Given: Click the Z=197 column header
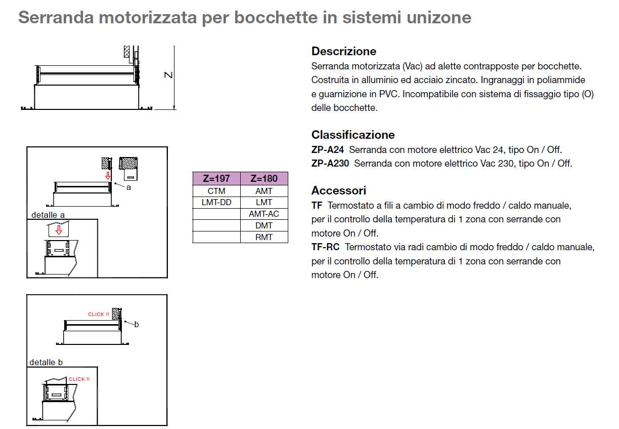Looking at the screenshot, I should tap(216, 179).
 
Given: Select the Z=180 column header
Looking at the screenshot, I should tap(264, 179).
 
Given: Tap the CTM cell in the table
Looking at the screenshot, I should tap(216, 191).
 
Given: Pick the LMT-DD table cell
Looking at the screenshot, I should tap(216, 202).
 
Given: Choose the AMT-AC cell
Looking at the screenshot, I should tap(264, 214).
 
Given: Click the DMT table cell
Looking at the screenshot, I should tap(264, 225).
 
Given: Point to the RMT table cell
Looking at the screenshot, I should tap(264, 237).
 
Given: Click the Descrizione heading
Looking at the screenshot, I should tap(344, 51).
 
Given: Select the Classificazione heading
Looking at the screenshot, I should tap(353, 135).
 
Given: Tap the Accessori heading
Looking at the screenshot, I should tap(338, 190).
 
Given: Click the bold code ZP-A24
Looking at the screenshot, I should tap(328, 150).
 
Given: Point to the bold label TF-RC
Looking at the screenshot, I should tap(325, 247).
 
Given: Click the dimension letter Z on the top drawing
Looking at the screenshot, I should tap(169, 75).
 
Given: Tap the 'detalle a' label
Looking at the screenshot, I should tap(48, 215).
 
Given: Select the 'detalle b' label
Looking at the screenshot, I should tap(46, 362).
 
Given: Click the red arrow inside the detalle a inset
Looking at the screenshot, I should tap(59, 230).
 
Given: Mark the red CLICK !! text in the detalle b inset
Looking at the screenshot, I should tap(79, 379).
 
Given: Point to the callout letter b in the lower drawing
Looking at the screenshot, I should tap(136, 324).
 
